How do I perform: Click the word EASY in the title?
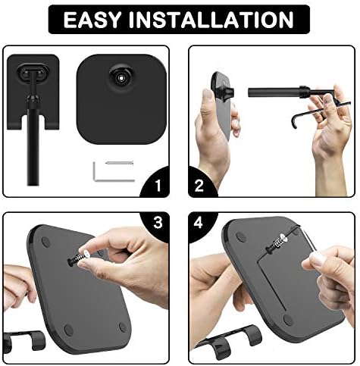[x=92, y=20]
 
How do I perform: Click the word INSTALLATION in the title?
[x=211, y=20]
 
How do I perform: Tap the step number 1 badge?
[x=158, y=186]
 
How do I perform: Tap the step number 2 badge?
[x=199, y=186]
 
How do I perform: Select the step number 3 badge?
[x=158, y=223]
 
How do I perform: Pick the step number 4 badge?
[x=199, y=224]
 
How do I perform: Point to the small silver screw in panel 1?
[x=119, y=163]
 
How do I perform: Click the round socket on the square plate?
[x=121, y=77]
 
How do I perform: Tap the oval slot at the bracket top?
[x=33, y=72]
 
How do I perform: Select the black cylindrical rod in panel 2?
[x=274, y=91]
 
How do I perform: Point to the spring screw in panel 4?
[x=276, y=242]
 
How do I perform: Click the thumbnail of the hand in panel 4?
[x=317, y=258]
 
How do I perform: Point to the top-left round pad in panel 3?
[x=45, y=242]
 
